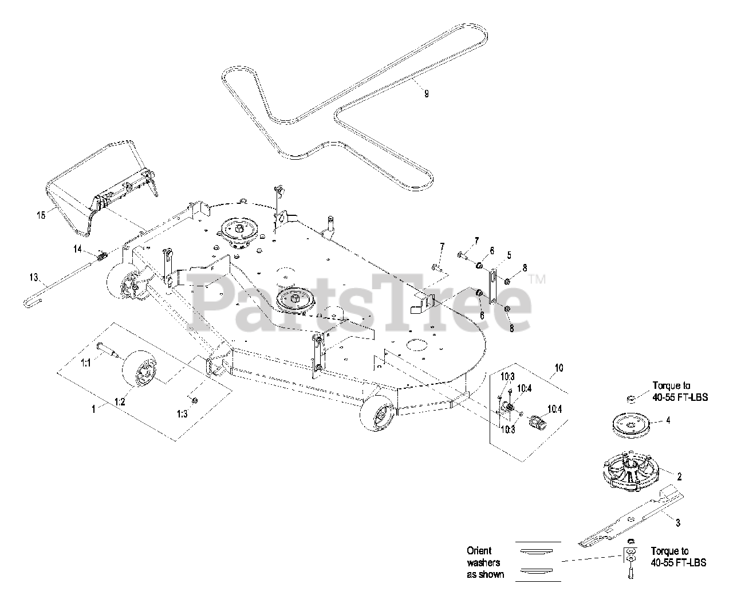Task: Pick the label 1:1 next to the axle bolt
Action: coord(85,362)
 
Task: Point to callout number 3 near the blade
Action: coord(677,522)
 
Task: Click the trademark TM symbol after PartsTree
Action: coord(537,280)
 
